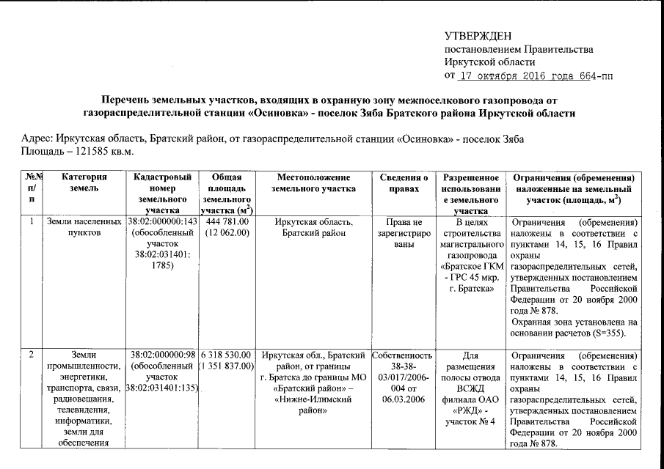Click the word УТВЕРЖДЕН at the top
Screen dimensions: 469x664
(478, 36)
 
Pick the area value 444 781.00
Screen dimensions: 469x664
(227, 222)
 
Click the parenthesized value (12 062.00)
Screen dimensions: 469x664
(227, 233)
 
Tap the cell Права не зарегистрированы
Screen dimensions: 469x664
(404, 233)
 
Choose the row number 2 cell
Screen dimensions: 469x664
(32, 355)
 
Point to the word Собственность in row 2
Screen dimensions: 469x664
(404, 355)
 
